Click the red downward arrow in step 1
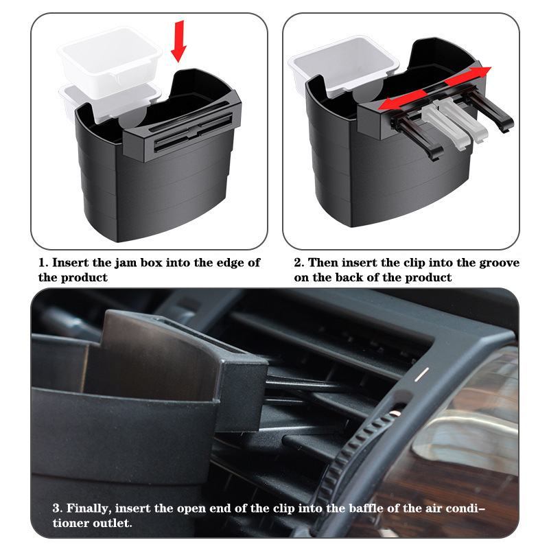(x=178, y=41)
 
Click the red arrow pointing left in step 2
(x=402, y=100)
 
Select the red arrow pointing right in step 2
(x=468, y=76)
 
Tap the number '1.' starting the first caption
(x=43, y=263)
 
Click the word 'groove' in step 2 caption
(x=500, y=263)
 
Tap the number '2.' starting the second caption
(x=299, y=263)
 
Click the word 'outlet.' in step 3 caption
(x=113, y=523)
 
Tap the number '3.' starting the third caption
(x=58, y=509)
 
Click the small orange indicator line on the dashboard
(x=421, y=375)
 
